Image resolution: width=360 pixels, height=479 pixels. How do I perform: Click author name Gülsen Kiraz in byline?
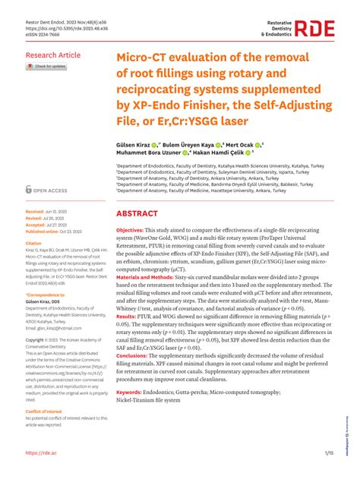pyautogui.click(x=136, y=143)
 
